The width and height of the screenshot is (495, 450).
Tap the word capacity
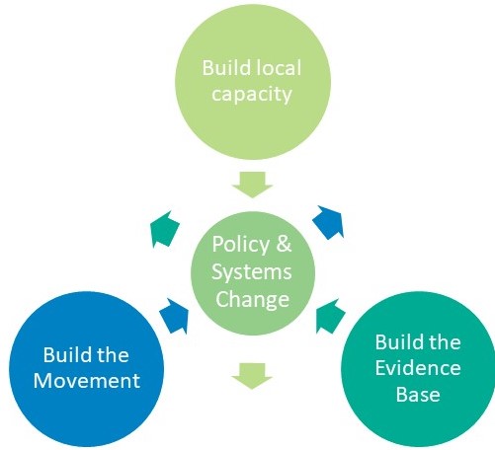252,95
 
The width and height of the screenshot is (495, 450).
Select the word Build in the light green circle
226,67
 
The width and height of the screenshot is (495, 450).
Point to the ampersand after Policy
284,244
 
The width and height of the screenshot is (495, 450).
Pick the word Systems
252,271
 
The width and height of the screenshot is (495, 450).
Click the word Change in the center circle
252,299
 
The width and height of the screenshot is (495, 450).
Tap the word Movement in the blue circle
87,381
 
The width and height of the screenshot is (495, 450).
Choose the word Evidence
418,368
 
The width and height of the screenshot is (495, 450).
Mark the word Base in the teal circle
418,394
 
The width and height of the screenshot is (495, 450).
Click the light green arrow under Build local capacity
252,185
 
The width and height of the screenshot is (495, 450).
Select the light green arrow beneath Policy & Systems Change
252,376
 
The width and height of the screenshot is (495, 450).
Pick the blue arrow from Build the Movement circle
175,316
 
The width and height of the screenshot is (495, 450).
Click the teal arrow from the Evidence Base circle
330,317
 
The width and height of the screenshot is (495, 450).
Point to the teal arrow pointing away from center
164,229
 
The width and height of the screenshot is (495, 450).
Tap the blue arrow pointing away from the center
329,222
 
